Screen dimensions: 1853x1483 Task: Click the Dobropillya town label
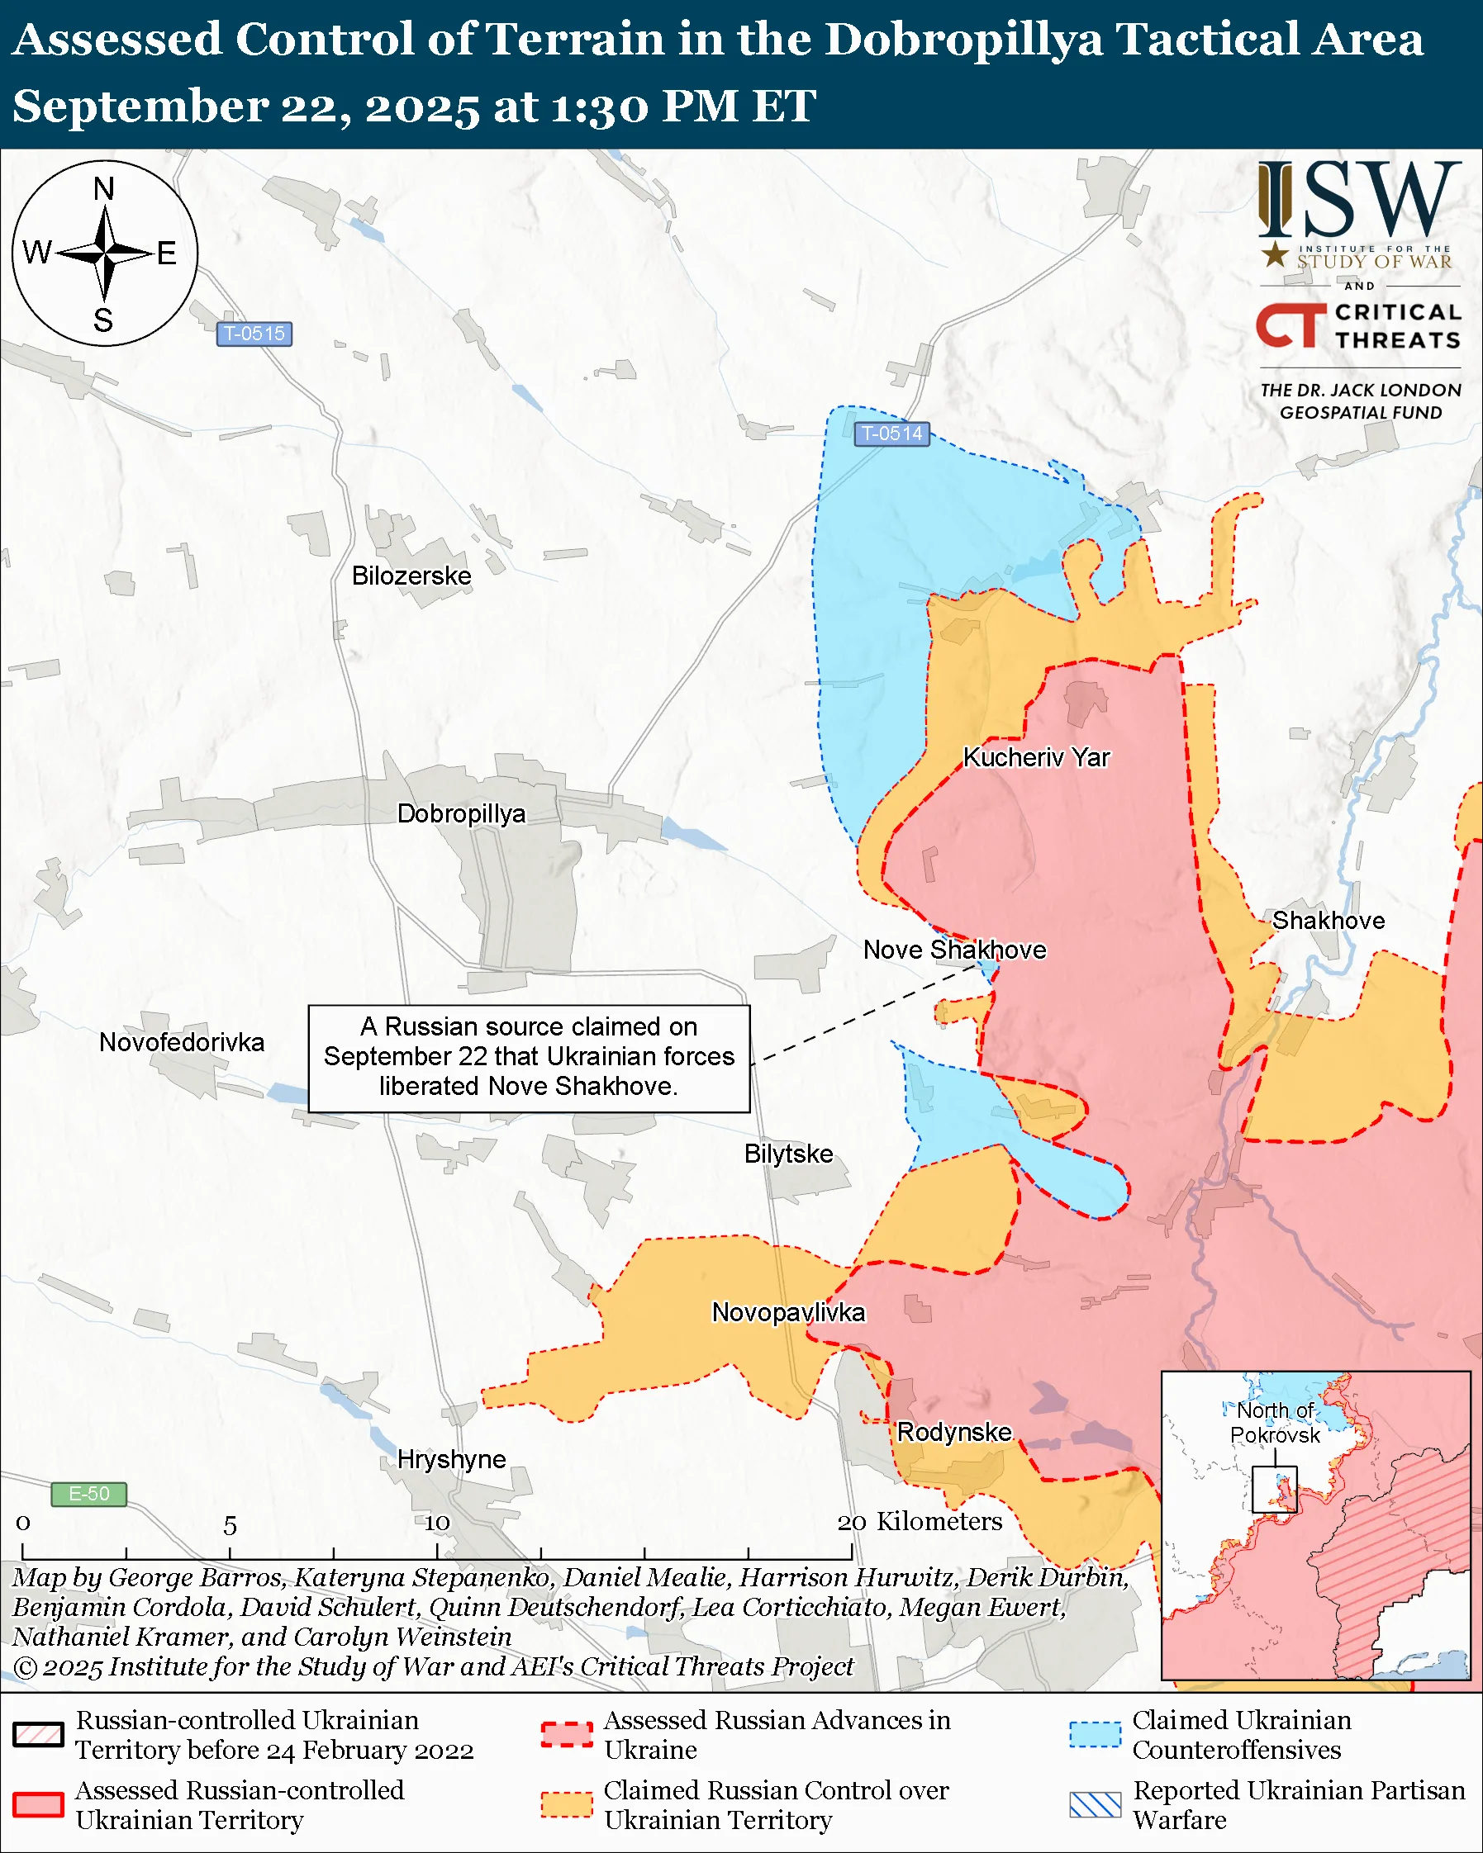point(461,813)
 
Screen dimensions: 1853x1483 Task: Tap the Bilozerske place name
point(411,575)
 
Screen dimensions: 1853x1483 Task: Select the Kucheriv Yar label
point(1036,757)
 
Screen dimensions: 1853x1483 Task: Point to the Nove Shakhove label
point(954,950)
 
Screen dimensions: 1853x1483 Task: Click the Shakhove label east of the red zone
point(1329,921)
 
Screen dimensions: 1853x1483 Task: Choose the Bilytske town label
point(788,1154)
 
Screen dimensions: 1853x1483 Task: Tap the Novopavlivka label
point(788,1312)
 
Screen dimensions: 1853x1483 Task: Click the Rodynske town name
point(954,1432)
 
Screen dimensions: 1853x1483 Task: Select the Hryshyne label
point(451,1458)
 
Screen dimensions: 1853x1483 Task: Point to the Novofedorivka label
point(182,1043)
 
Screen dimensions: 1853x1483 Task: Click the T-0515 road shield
point(254,334)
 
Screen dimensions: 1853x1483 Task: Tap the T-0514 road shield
point(891,434)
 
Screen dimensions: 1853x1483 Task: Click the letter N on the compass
point(104,188)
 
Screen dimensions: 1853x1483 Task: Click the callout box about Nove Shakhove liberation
point(529,1057)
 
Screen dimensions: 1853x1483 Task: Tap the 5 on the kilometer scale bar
point(230,1525)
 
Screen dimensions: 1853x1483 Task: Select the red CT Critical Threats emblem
point(1290,325)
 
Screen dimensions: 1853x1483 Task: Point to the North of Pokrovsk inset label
point(1274,1423)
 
